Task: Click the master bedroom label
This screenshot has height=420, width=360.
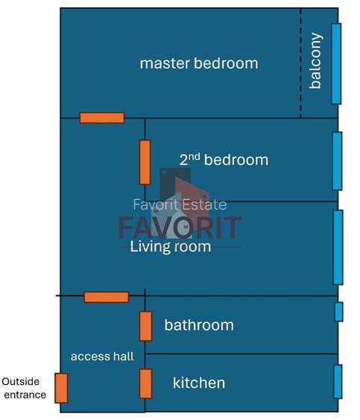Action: (198, 63)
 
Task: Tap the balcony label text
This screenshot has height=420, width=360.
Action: (315, 61)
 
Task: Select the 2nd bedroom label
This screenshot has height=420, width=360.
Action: (224, 160)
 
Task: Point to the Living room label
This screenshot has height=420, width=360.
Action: (171, 246)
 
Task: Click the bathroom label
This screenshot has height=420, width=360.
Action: (198, 325)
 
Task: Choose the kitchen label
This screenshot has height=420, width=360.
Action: (198, 383)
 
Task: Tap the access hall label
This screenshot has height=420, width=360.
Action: (102, 357)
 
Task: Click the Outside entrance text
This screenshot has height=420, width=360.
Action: (25, 388)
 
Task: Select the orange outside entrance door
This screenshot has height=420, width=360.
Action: (61, 388)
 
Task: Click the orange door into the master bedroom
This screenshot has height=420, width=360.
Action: (102, 118)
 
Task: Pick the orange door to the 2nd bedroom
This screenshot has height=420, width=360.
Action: (145, 162)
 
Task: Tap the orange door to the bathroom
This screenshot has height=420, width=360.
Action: (145, 326)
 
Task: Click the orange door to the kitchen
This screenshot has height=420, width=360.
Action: (145, 383)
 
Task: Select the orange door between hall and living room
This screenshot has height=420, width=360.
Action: (106, 297)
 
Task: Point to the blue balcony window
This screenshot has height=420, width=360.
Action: (336, 63)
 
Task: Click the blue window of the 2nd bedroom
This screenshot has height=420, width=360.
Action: (337, 161)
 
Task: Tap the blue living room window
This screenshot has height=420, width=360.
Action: (338, 247)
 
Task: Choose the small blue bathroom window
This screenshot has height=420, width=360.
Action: (338, 311)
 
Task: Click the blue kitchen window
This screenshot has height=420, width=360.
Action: (338, 381)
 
